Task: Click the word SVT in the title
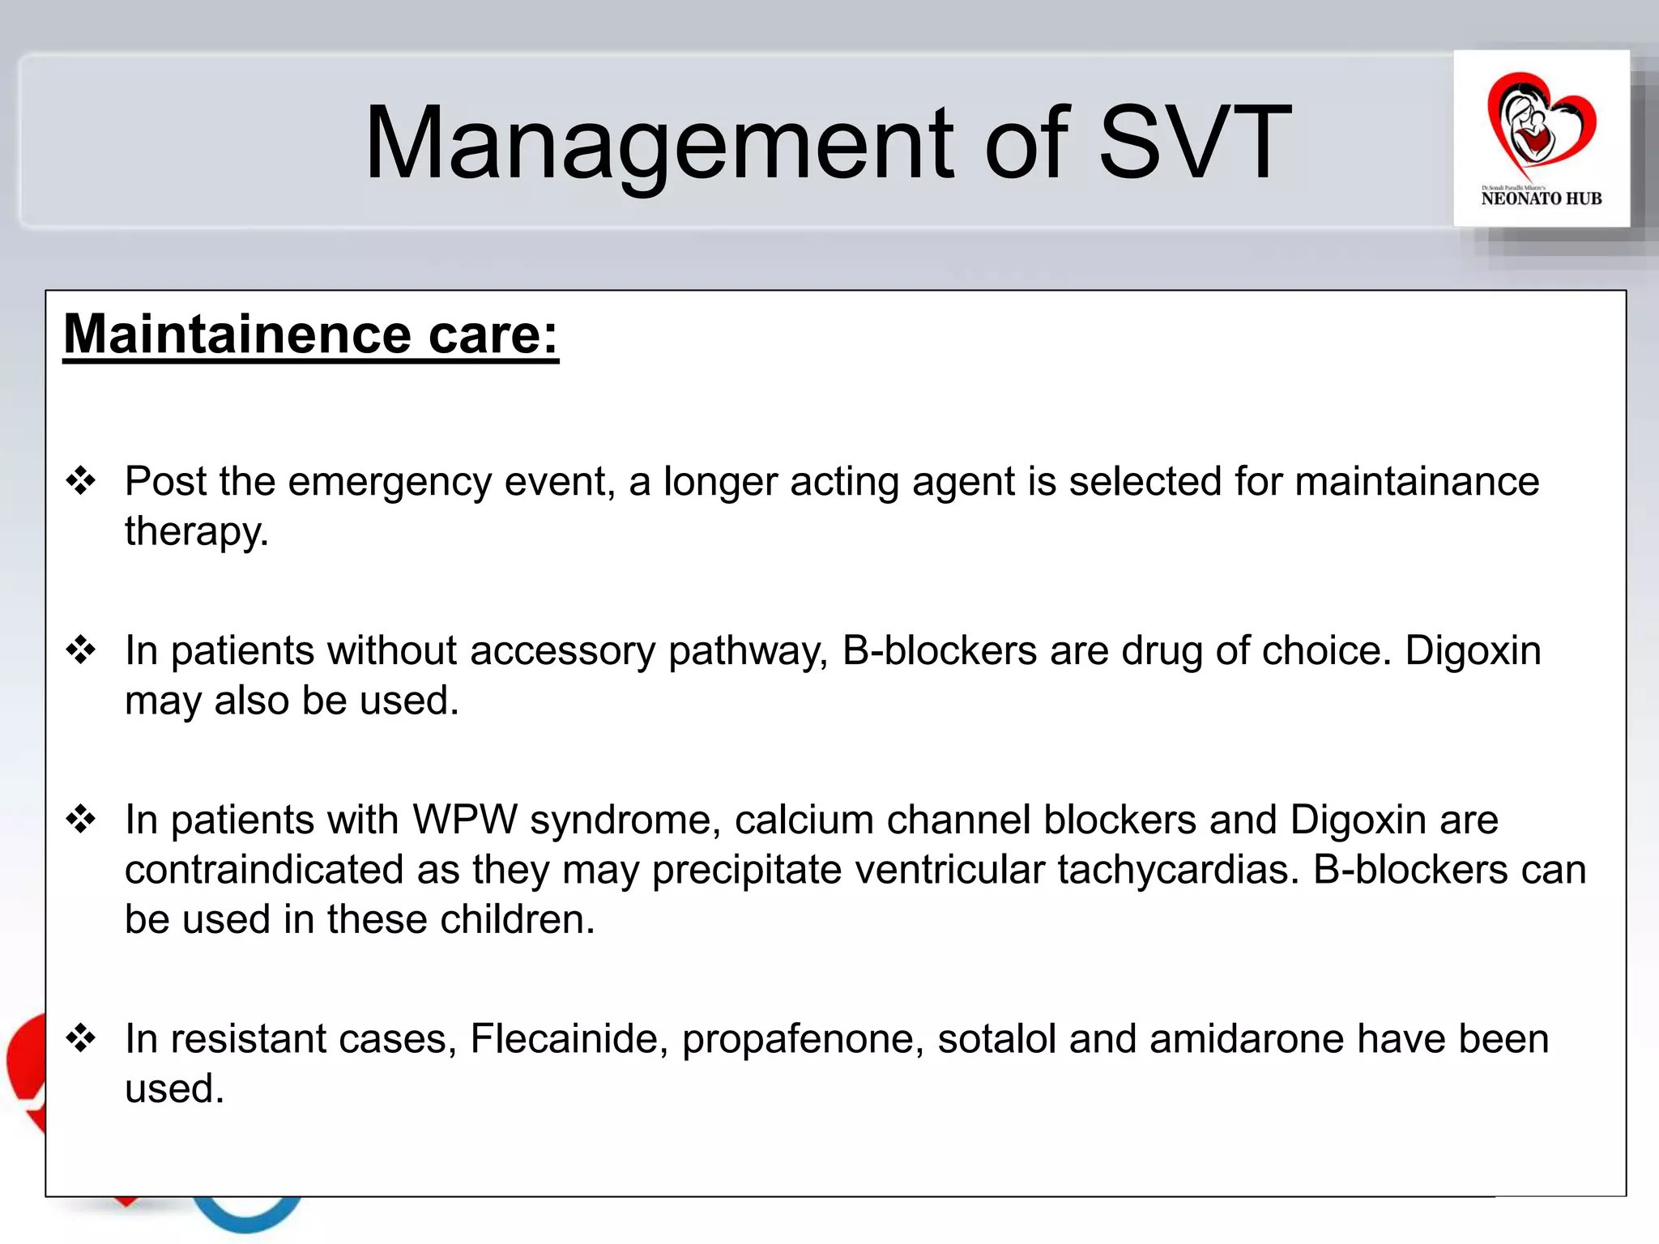click(x=1194, y=143)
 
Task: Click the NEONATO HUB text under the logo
click(x=1541, y=198)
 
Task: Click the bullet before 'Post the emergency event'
click(x=81, y=481)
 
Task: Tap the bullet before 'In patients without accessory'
click(x=81, y=650)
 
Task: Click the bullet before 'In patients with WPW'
click(x=81, y=819)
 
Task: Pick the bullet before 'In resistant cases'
click(x=81, y=1037)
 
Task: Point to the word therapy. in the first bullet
click(x=196, y=532)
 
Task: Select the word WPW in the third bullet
click(x=464, y=820)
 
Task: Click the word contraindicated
click(x=264, y=870)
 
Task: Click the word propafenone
click(x=802, y=1039)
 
